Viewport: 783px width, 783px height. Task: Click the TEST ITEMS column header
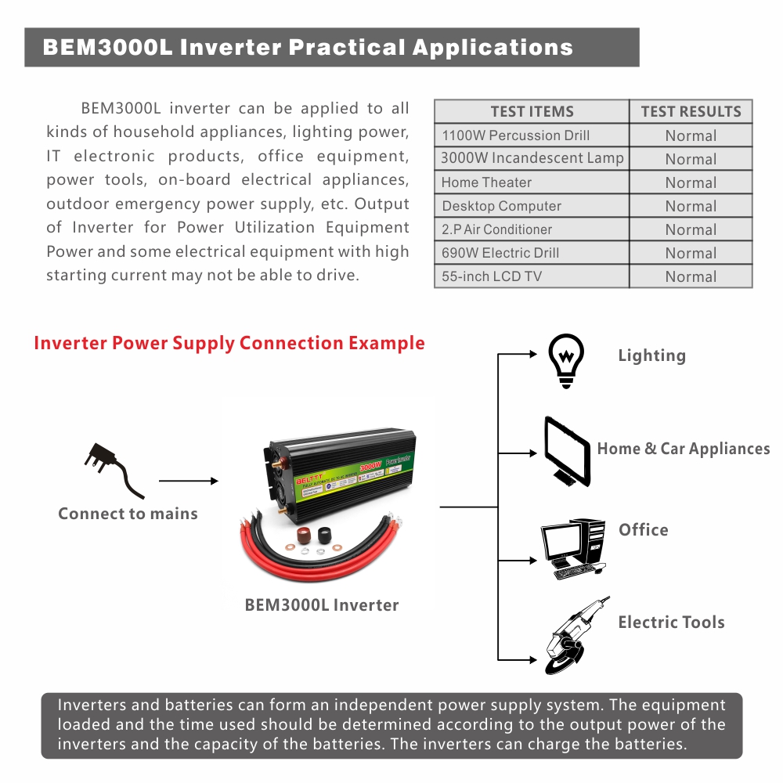[532, 112]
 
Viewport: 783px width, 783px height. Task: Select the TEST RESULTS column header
[691, 112]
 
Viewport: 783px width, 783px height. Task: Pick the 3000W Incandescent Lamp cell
[532, 158]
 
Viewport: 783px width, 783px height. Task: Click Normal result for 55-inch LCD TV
[691, 276]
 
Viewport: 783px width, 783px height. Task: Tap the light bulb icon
[566, 360]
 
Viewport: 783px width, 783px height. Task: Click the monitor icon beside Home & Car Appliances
[567, 452]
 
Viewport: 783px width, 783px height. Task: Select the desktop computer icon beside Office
[574, 547]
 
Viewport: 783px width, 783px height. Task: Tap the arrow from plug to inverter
[188, 482]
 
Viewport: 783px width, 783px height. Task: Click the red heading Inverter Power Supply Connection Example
[229, 343]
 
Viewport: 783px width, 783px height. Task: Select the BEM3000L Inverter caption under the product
[322, 605]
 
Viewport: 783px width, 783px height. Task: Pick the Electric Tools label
[671, 622]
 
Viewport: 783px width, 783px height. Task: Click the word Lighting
[651, 355]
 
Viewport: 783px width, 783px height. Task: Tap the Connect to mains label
[128, 514]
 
